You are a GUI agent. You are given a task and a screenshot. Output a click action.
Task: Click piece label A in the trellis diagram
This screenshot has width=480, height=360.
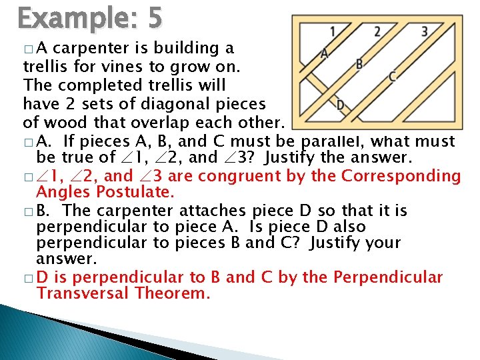[x=324, y=53]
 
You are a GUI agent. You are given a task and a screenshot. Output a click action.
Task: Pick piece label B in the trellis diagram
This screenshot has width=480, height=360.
[x=359, y=64]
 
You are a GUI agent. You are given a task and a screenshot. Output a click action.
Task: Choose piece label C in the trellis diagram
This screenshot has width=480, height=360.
[x=393, y=77]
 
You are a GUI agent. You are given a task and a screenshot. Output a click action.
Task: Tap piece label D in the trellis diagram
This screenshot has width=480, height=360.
[x=340, y=105]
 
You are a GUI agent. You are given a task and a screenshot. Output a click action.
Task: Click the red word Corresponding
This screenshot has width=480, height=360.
[x=401, y=177]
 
